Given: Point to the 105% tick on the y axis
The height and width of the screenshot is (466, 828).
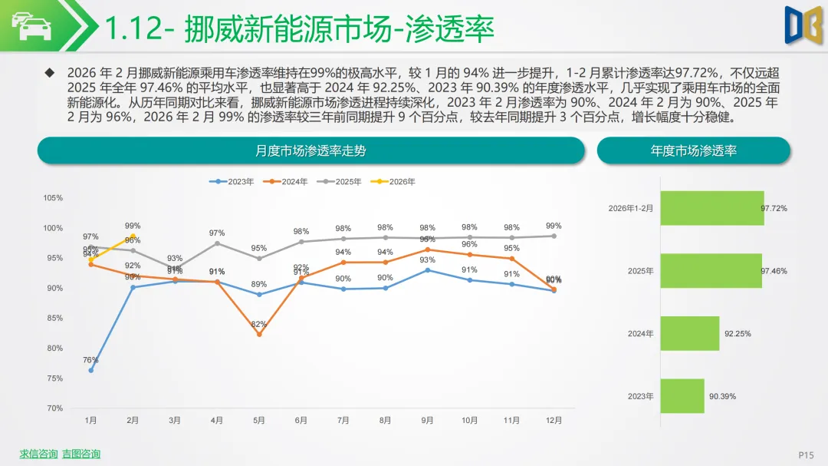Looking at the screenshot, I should pos(53,198).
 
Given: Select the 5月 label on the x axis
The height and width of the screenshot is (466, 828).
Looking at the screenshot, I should pos(259,421).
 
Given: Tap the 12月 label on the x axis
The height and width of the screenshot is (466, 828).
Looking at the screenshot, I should pos(554,421).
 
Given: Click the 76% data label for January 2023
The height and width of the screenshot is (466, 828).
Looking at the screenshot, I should pos(90,360).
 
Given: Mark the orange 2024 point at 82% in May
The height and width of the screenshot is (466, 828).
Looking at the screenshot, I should pos(259,334).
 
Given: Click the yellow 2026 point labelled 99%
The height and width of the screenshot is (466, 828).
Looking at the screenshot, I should pos(133,236).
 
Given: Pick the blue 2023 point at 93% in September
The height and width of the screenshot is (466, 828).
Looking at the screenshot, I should pos(427,269).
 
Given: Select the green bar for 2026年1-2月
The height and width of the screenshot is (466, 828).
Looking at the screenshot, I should pos(712,208).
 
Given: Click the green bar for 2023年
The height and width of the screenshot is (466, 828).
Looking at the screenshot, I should pos(682,396).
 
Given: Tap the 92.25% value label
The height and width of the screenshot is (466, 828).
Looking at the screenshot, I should pos(738,334).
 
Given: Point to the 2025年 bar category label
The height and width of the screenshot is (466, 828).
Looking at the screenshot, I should pos(641,271).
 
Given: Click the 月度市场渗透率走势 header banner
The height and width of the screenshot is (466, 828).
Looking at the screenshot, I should pos(310,150).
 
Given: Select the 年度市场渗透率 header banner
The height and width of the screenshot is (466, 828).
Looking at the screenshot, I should pos(693,150).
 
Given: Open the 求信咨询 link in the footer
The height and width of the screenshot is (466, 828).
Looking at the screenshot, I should pos(38,454).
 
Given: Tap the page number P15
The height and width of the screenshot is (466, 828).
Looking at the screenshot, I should pos(806,454).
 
